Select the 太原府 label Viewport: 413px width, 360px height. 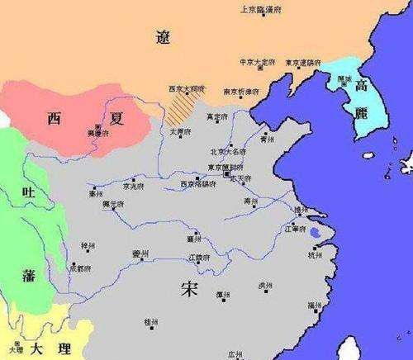pyautogui.click(x=180, y=131)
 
